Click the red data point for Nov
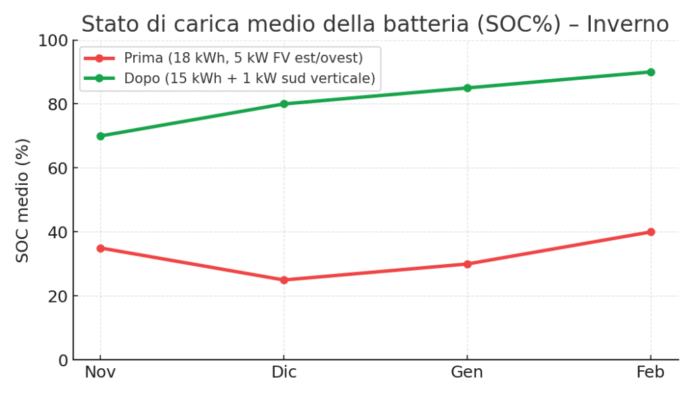click(100, 248)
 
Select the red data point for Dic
click(284, 280)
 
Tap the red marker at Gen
click(467, 264)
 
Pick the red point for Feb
click(650, 232)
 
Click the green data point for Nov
click(100, 136)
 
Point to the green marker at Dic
click(284, 104)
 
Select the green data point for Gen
click(467, 88)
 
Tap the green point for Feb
click(650, 72)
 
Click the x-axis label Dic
click(284, 372)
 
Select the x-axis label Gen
click(467, 372)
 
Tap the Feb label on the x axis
click(650, 372)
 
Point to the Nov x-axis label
click(100, 372)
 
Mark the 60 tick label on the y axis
click(58, 169)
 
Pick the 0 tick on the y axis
click(62, 360)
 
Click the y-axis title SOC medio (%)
click(23, 200)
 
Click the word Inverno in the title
click(627, 24)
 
